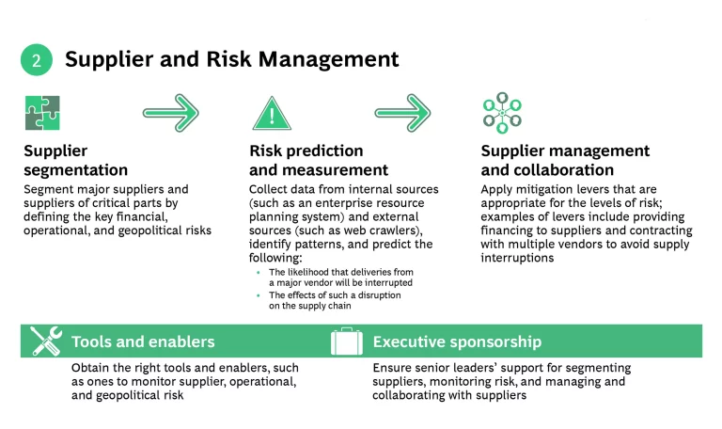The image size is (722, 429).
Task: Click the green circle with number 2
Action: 37,60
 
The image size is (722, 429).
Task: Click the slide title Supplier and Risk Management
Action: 231,59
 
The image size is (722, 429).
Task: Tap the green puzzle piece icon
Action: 42,113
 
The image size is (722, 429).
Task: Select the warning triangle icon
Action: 271,113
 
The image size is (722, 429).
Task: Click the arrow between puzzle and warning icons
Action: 171,112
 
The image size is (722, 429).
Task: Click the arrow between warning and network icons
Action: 401,112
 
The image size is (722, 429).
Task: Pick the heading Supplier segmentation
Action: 75,160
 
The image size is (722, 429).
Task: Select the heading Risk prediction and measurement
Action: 318,160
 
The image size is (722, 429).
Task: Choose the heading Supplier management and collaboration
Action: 565,160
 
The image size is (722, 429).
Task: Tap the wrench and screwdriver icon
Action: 46,341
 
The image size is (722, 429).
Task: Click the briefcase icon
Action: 346,341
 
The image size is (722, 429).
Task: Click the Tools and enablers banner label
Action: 143,342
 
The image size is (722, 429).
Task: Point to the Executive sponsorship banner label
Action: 457,342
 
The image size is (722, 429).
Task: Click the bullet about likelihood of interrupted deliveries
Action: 339,277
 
